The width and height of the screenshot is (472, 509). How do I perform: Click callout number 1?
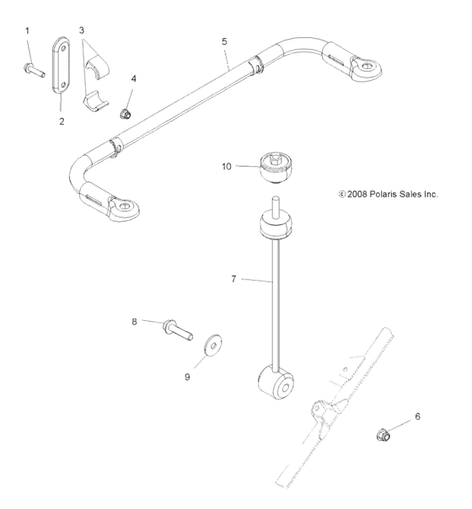(27, 31)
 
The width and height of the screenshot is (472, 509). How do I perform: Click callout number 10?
(227, 167)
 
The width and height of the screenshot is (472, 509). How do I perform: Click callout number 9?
(187, 377)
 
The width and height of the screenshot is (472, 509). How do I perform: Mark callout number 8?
(134, 319)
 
